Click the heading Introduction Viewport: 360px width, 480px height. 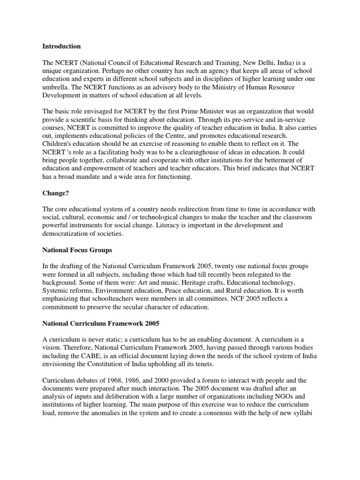coord(61,46)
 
